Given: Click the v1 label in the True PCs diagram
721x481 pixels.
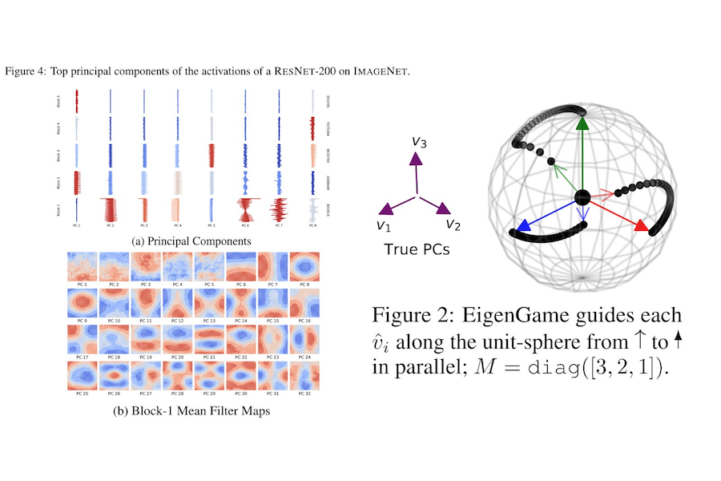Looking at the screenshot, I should pos(384,224).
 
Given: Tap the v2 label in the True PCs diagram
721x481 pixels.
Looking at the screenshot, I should pos(453,224).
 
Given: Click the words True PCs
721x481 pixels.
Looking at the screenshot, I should pos(417,249).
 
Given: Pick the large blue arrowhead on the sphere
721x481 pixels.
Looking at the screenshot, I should pos(523,226).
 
